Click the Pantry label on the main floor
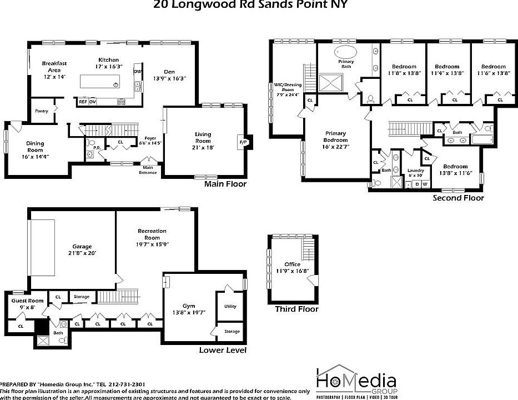(41, 111)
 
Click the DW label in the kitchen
(136, 71)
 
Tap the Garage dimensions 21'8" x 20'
(82, 253)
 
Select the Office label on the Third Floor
(292, 264)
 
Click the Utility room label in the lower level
(230, 306)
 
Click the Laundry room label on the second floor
(415, 171)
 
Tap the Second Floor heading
(458, 198)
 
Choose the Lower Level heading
(222, 350)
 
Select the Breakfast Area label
(54, 67)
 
